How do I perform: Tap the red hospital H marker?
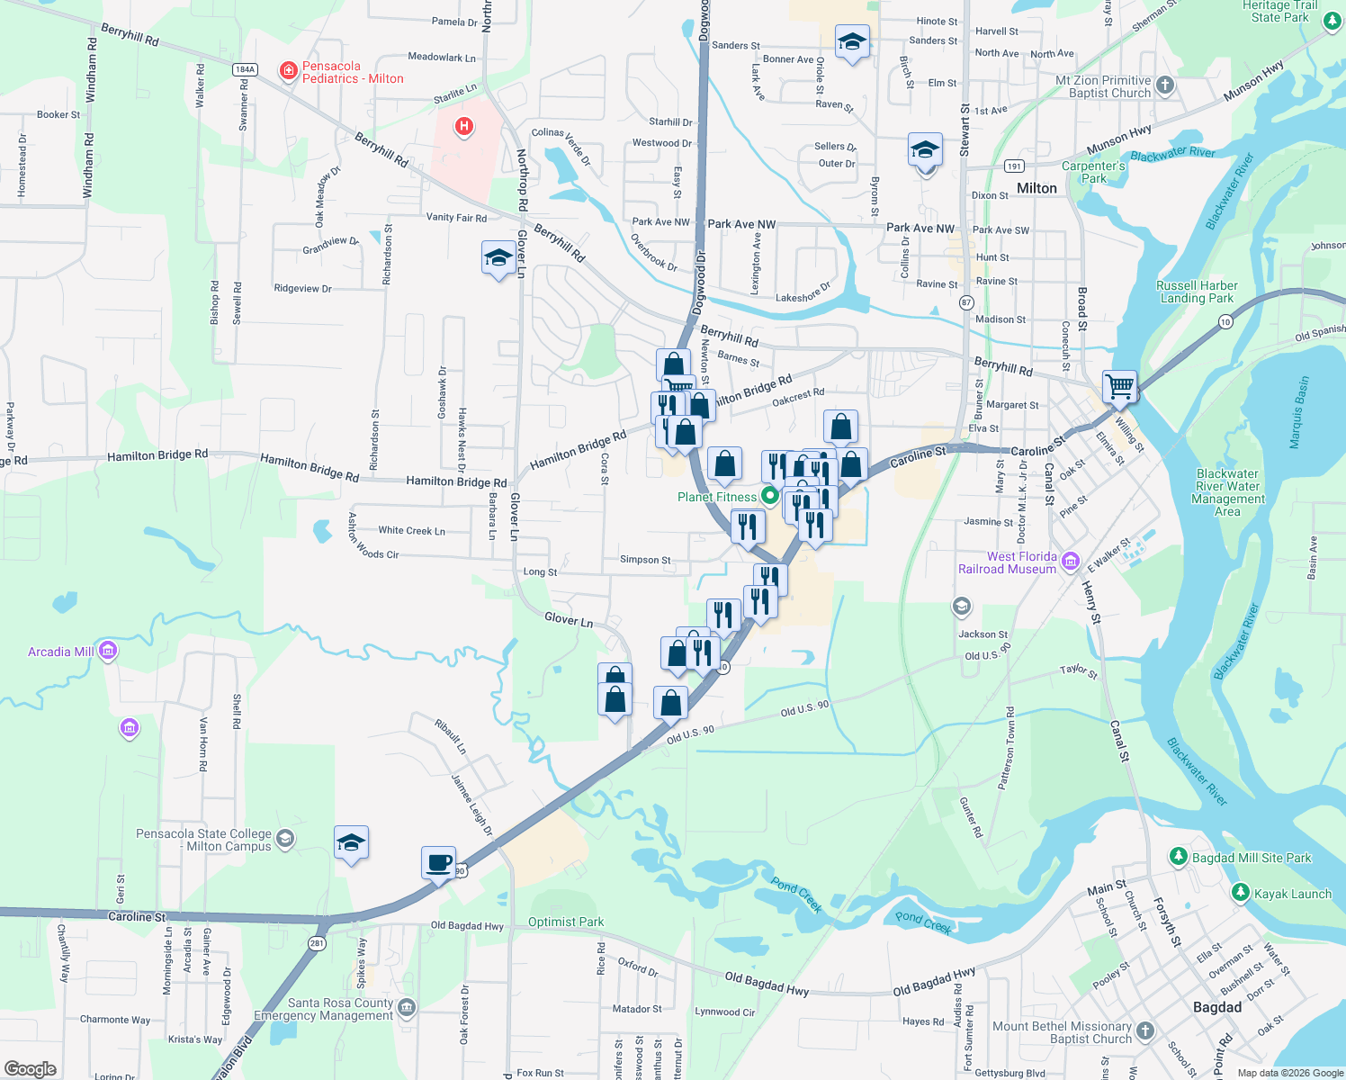[464, 127]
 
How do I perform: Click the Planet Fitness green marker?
[769, 496]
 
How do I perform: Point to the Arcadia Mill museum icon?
[108, 651]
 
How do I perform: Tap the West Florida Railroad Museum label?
[1008, 562]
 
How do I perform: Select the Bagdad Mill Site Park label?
[1252, 858]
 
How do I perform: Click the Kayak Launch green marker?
[1241, 893]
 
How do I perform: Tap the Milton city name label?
[1036, 188]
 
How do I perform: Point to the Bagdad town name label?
[1216, 1007]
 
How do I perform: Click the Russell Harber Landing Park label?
[1197, 292]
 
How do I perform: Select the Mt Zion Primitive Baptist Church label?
[1103, 86]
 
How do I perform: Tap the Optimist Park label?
[566, 922]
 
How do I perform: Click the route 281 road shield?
[317, 943]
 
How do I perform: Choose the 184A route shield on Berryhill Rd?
[245, 69]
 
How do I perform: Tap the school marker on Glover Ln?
[498, 259]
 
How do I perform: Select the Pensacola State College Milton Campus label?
[203, 840]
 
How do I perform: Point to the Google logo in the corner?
[30, 1068]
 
